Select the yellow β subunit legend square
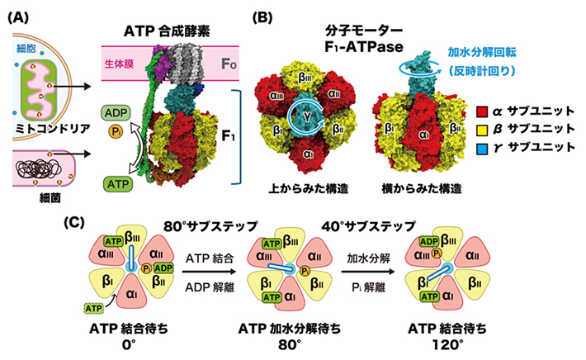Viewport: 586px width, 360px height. tap(486, 129)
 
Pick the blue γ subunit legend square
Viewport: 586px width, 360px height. tap(486, 146)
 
